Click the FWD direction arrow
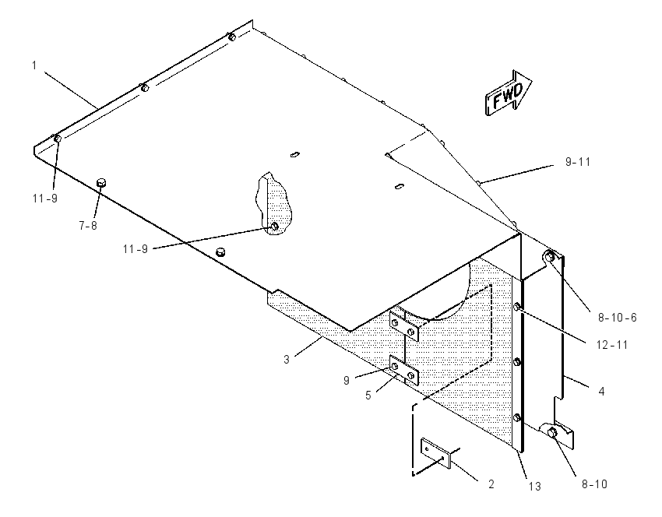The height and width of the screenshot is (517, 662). [509, 93]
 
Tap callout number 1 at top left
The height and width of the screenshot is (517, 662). [34, 65]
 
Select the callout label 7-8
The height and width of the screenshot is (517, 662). [88, 226]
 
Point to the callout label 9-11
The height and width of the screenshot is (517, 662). [578, 162]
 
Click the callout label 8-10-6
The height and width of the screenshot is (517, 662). [617, 318]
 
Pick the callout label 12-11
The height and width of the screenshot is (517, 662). [612, 345]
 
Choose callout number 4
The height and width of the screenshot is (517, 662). [601, 392]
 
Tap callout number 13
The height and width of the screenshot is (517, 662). [534, 487]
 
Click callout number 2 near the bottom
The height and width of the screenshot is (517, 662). [491, 484]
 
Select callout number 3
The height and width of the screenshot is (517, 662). [287, 360]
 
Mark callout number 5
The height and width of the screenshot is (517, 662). [368, 396]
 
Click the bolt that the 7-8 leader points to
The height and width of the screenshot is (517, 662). [101, 183]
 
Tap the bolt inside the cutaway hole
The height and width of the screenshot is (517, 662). [274, 227]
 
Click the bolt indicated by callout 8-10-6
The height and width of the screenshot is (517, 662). [549, 256]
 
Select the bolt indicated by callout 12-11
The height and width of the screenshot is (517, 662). [517, 307]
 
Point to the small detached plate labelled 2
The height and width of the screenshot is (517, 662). [435, 453]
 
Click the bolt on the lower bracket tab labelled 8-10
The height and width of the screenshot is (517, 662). [552, 432]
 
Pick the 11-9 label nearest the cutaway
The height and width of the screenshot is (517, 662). [136, 249]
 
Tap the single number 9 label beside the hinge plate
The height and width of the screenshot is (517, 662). [347, 381]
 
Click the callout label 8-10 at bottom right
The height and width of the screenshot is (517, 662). [594, 484]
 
